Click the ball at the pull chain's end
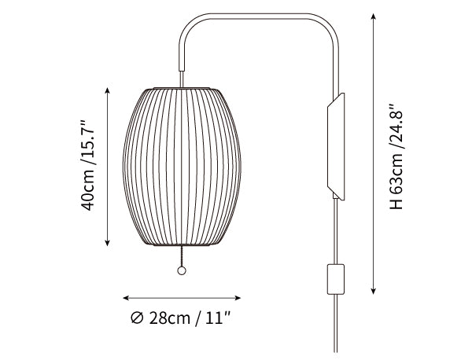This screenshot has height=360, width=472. point(182,270)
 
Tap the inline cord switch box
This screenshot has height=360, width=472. point(336,279)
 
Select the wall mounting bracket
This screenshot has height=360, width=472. point(336,146)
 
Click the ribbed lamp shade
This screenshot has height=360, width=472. point(182,167)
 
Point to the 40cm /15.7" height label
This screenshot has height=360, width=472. point(87,165)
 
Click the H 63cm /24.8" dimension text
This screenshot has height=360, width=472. point(396,156)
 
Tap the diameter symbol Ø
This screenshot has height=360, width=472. point(137,318)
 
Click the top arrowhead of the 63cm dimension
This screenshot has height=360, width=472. point(373,17)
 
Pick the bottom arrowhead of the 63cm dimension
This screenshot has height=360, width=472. point(373,291)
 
